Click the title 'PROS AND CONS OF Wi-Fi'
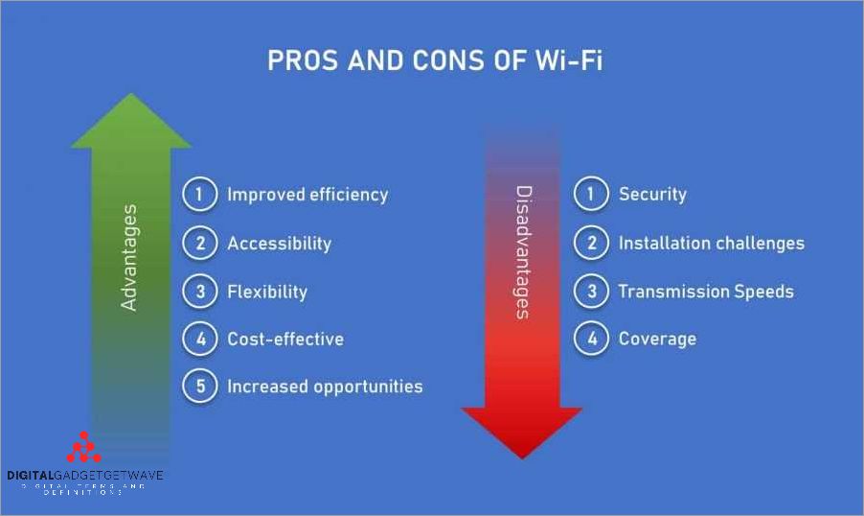(x=434, y=61)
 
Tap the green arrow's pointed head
(x=130, y=120)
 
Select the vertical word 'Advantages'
(x=130, y=257)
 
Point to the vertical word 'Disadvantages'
(x=523, y=252)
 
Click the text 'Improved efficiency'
(x=307, y=195)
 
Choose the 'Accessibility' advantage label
(x=279, y=244)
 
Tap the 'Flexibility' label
(x=266, y=292)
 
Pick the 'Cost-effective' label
(x=284, y=339)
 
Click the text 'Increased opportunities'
(x=324, y=387)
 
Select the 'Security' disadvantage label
(x=652, y=195)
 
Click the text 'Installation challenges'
(x=711, y=244)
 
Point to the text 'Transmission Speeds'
(x=706, y=292)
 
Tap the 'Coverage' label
(x=657, y=339)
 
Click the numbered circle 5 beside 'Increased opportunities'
(x=200, y=387)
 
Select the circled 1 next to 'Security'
(x=591, y=195)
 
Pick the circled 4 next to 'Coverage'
(x=591, y=339)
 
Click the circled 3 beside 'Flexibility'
(x=200, y=292)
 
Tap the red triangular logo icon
(x=83, y=448)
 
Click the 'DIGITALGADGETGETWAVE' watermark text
(x=85, y=475)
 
